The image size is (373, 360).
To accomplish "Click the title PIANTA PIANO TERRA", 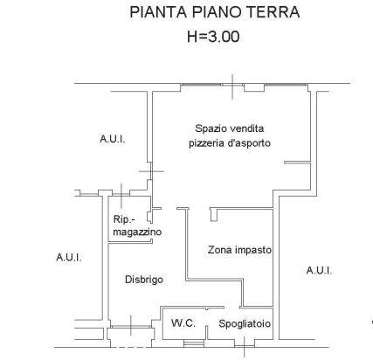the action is point(215,12).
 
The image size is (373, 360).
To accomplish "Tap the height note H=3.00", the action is point(213,37).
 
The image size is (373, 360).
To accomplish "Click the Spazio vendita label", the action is point(230,128).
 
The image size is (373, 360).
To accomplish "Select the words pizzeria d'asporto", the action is point(230,143).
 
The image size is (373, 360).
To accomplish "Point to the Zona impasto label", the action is point(239,250).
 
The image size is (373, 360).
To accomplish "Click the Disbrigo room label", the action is point(144,280).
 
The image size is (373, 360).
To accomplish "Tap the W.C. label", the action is point(183,323).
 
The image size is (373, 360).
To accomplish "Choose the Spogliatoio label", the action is point(245,323).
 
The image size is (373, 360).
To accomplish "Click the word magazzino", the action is point(137,232).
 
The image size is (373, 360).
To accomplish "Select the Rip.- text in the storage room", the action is point(125,219).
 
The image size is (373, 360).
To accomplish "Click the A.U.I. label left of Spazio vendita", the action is point(113,139).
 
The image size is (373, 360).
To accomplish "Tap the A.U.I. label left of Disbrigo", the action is point(69,258).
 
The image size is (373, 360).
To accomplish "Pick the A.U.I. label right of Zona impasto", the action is point(319,271).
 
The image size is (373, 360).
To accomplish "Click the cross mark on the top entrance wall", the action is point(232,87).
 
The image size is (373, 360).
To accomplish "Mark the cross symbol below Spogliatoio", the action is point(245,347).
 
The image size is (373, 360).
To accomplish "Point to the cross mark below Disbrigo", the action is point(131,325).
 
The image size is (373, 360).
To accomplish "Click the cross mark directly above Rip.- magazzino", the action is point(121,194).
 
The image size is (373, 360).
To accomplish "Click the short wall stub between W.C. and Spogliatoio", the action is point(206,332).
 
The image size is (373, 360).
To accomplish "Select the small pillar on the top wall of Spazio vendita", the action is point(254,87).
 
